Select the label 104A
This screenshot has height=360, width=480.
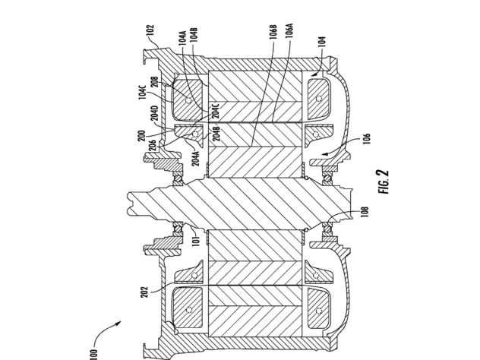coord(183,38)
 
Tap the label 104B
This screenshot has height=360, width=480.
coord(193,35)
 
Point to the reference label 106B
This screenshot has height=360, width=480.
coord(273,32)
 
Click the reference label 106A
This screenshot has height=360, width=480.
coord(289,30)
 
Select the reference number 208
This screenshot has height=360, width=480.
coord(155,82)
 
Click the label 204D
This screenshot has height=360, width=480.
coord(155,113)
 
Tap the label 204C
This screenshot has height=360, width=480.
coord(216,111)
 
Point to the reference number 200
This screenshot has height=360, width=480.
coord(141,136)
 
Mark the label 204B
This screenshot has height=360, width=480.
coord(216,134)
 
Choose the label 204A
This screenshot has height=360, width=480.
coord(196,158)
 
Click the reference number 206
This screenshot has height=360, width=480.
coord(153,146)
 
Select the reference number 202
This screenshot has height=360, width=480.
coord(144,292)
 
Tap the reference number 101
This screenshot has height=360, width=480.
coord(197,242)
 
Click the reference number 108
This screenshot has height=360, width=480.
coord(365,212)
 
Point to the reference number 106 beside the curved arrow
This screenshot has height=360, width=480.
coord(368,138)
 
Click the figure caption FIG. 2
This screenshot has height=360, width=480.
coord(384,182)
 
